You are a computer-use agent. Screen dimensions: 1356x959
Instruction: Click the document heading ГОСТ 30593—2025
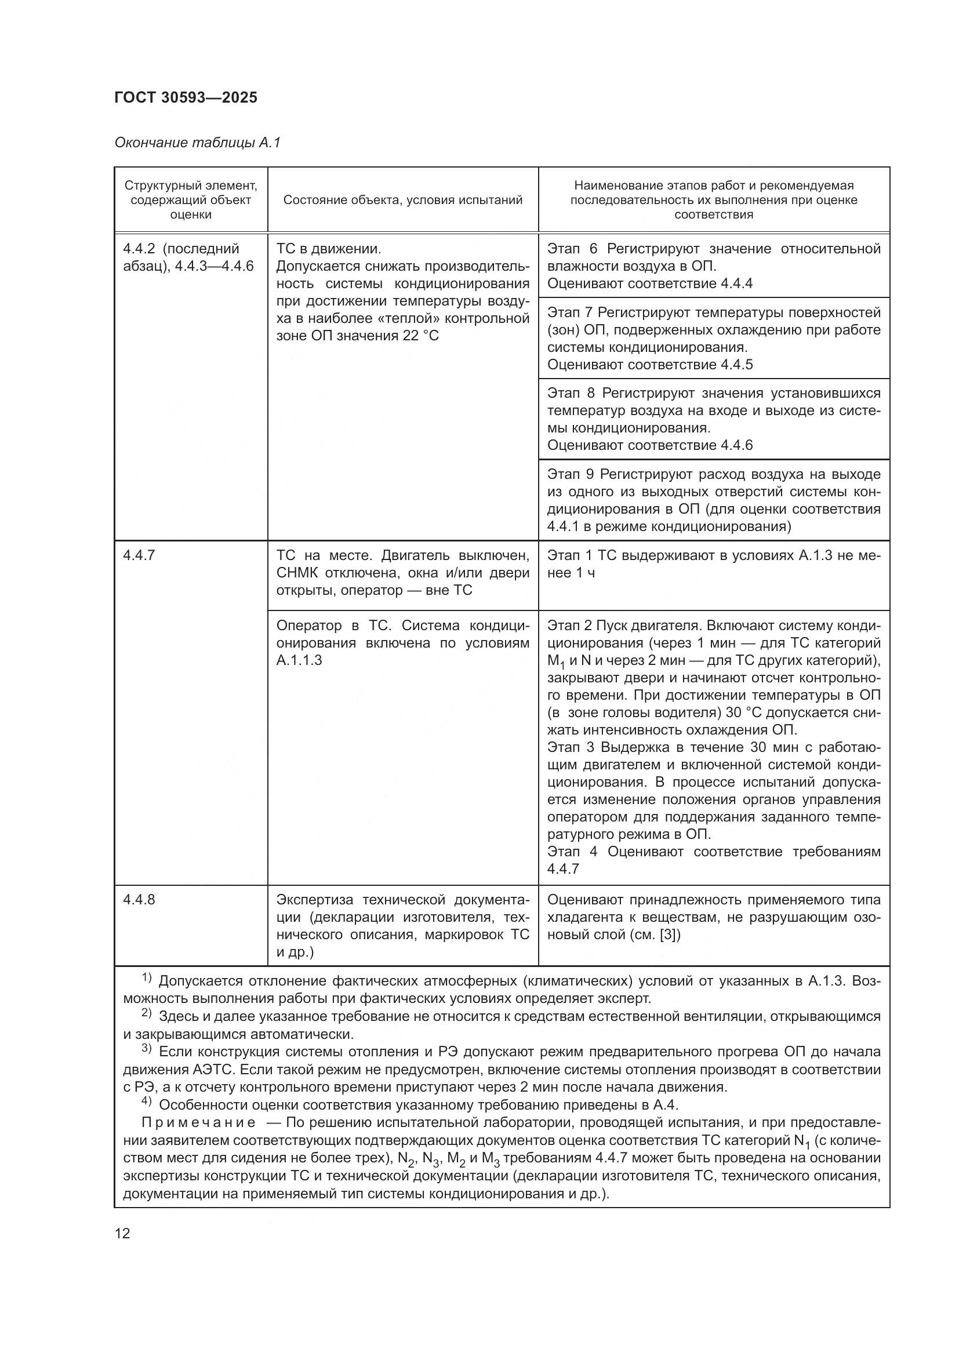tap(186, 98)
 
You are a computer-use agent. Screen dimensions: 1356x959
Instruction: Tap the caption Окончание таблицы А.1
tap(197, 143)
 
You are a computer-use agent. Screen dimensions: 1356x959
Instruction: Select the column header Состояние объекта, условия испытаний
tap(403, 199)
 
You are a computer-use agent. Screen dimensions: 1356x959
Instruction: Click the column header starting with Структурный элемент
tap(191, 199)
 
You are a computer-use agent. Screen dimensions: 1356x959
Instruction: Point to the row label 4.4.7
tap(139, 555)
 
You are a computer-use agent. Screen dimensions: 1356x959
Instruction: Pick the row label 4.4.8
tap(139, 900)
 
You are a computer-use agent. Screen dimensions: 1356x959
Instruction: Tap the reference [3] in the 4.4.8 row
tap(669, 935)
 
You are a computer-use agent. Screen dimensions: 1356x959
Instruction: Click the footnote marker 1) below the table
tap(147, 979)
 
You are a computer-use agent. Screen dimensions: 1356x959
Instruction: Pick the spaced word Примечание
tap(198, 1122)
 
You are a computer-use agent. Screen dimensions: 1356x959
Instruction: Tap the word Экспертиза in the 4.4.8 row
tap(315, 900)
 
